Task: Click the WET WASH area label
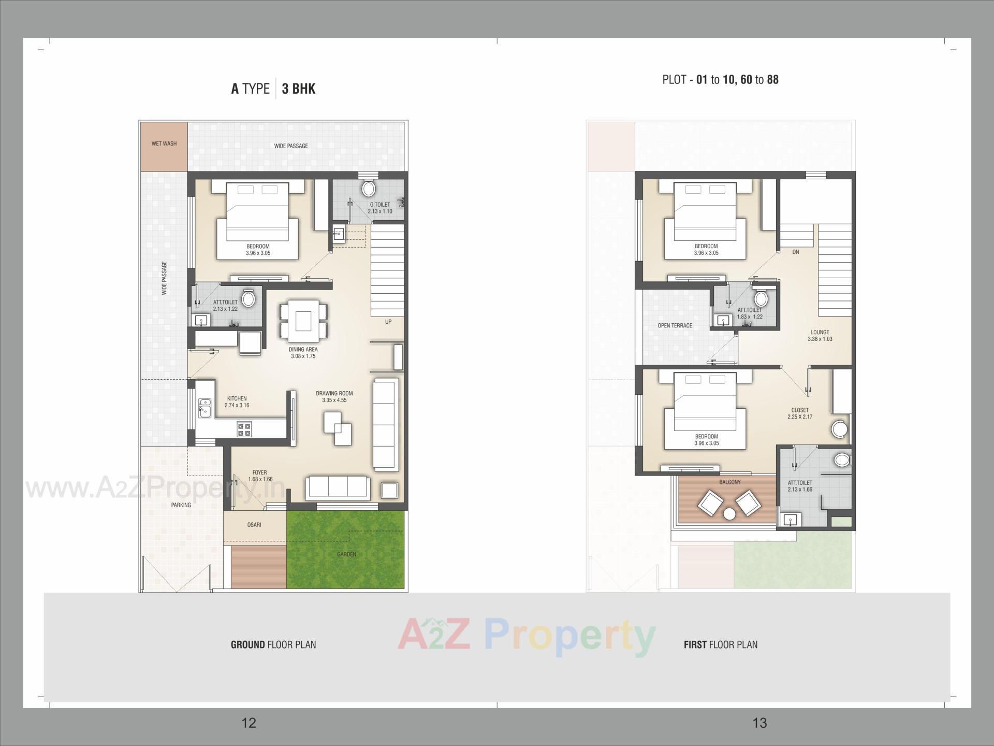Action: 164,144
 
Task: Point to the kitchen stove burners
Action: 244,429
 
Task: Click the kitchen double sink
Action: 204,408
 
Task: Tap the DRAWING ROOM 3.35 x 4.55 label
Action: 334,397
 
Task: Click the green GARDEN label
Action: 346,554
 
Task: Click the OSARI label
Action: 254,525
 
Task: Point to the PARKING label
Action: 181,505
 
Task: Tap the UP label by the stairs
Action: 388,322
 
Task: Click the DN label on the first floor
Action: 796,252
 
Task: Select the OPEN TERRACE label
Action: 675,326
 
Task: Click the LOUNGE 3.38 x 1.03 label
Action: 820,336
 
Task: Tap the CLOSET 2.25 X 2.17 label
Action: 800,413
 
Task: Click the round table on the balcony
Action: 729,514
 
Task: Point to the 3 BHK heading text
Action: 299,89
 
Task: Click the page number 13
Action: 759,723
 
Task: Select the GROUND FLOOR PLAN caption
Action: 273,645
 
